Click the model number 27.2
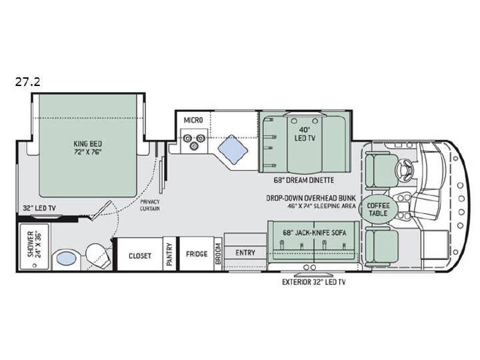[x=28, y=82]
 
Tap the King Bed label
[x=88, y=143]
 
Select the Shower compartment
[x=34, y=247]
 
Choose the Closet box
[x=140, y=254]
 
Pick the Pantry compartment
[x=169, y=254]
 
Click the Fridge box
[x=197, y=254]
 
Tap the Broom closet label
[x=218, y=254]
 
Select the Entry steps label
[x=245, y=253]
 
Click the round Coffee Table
[x=378, y=209]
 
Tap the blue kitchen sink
[x=233, y=150]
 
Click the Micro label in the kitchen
[x=193, y=120]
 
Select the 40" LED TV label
[x=305, y=134]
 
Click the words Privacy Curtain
[x=150, y=205]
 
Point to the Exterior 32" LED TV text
[x=314, y=282]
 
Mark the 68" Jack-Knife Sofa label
[x=315, y=233]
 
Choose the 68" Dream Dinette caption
[x=304, y=180]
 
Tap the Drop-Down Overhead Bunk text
[x=311, y=198]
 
